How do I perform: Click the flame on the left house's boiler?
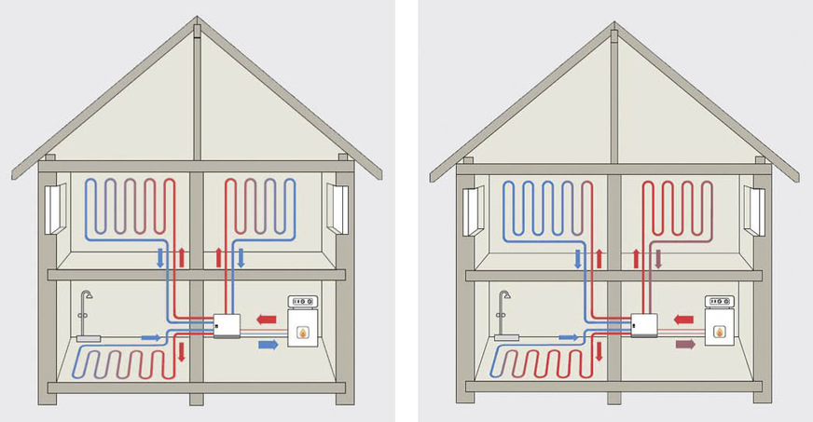pyautogui.click(x=303, y=330)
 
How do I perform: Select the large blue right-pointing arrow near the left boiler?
pyautogui.click(x=267, y=344)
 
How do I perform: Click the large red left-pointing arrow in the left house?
pyautogui.click(x=267, y=319)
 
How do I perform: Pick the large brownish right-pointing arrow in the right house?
pyautogui.click(x=685, y=344)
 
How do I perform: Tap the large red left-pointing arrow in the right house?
pyautogui.click(x=685, y=320)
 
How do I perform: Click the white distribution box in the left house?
pyautogui.click(x=227, y=325)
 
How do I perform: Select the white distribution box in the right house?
pyautogui.click(x=644, y=326)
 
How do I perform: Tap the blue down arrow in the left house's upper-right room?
pyautogui.click(x=241, y=257)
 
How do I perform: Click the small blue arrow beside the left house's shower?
pyautogui.click(x=149, y=336)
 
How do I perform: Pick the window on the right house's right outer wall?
pyautogui.click(x=754, y=211)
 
